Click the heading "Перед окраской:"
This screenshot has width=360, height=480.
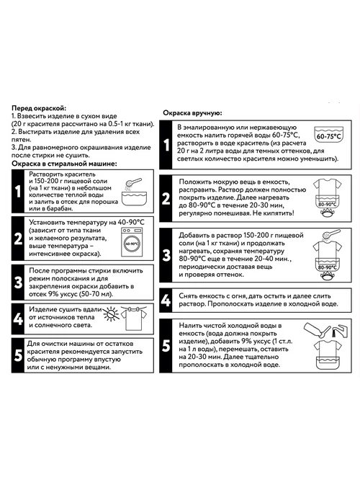point(39,108)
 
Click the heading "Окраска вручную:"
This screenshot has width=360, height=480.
point(192,113)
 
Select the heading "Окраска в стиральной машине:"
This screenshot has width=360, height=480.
point(64,164)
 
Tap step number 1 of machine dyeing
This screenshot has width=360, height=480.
point(18,191)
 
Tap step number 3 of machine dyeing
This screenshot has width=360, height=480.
point(18,283)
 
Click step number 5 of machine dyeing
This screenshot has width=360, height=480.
point(18,355)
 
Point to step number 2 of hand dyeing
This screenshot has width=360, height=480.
point(166,198)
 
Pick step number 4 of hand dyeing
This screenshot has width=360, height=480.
point(166,301)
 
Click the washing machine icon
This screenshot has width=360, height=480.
point(132,242)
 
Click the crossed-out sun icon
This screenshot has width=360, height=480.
point(111,314)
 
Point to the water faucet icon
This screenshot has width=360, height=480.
point(340,331)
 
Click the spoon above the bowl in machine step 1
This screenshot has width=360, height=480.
point(133,183)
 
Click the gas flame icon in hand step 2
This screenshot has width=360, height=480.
point(327,213)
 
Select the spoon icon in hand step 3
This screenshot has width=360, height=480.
point(331,234)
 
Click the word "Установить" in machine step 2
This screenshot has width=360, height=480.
point(47,222)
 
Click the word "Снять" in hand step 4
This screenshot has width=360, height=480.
point(188,296)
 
